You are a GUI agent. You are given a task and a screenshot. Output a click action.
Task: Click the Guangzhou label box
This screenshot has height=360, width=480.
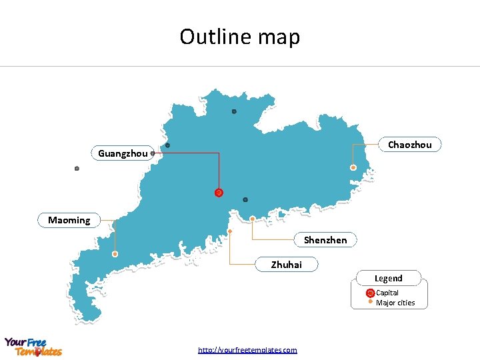[x=123, y=153]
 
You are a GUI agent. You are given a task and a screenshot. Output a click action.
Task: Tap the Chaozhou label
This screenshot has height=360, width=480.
[x=409, y=145]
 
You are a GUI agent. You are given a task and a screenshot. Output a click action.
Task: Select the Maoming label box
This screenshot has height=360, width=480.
[x=69, y=220]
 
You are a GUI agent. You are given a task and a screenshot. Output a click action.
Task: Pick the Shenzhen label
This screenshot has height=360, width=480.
[x=325, y=240]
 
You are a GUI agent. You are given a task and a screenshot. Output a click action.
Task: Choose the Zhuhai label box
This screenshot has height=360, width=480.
[x=286, y=265]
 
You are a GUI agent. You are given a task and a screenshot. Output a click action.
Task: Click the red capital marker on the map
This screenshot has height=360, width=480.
[x=219, y=193]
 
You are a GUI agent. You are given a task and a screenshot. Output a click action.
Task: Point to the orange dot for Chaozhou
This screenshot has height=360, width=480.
[x=353, y=167]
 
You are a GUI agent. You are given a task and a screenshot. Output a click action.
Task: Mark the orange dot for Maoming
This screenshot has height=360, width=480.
[x=115, y=254]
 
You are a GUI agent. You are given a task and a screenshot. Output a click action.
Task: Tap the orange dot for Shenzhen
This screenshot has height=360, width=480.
[x=253, y=219]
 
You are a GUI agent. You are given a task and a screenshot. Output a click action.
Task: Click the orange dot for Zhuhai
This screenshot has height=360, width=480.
[x=229, y=231]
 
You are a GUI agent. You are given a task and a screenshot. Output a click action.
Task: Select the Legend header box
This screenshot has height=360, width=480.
[x=388, y=278]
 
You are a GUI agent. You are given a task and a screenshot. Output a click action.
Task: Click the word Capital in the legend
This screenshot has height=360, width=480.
[x=387, y=293]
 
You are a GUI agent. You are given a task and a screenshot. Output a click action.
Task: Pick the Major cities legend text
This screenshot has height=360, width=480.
[x=395, y=303]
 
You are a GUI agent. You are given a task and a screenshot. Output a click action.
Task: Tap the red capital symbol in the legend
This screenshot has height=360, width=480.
[x=370, y=293]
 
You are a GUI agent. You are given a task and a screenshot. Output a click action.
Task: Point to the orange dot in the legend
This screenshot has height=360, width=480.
[x=370, y=301]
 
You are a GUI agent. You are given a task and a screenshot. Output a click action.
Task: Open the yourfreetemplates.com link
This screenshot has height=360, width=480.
[x=247, y=350]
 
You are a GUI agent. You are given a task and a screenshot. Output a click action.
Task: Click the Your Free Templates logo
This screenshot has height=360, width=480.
[x=33, y=347]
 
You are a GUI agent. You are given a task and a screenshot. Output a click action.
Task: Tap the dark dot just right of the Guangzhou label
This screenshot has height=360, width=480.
[x=153, y=153]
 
